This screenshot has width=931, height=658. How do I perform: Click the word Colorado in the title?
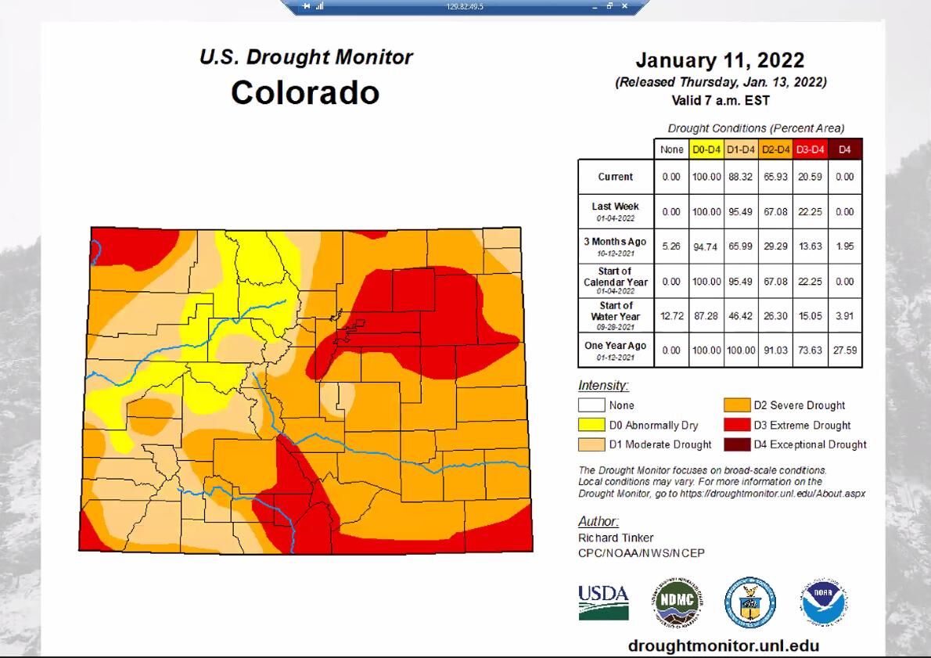(305, 92)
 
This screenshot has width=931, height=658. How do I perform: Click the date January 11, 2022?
(719, 60)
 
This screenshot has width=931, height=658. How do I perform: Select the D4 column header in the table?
(844, 149)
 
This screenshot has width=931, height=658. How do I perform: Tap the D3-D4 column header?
(810, 149)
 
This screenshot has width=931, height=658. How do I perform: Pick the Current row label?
(616, 177)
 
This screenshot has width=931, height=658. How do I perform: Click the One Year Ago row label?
(616, 350)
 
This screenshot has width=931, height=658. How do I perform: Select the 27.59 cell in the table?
(844, 350)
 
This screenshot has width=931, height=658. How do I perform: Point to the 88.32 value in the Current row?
(739, 177)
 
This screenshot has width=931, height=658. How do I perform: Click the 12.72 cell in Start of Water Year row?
(671, 316)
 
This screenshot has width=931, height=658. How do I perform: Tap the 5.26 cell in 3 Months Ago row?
(671, 246)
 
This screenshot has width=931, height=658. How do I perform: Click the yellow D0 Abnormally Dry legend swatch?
(591, 425)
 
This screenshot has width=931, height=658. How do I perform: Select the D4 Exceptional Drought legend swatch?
(736, 444)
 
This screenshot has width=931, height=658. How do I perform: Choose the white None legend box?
(591, 405)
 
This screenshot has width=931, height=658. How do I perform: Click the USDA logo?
(603, 602)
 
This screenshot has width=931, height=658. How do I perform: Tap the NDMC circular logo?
(678, 604)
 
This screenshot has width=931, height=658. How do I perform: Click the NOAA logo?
(824, 603)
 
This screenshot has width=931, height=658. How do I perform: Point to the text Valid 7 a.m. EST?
(720, 100)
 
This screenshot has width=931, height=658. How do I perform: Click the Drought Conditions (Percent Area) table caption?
(756, 128)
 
